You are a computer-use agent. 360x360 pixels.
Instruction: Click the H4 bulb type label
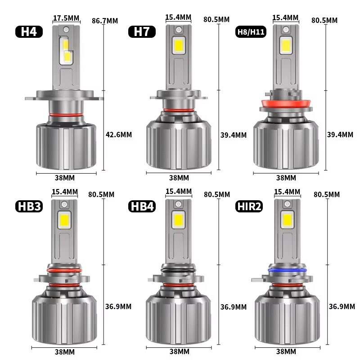(x=29, y=31)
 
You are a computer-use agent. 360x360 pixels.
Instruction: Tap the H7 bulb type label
(x=142, y=31)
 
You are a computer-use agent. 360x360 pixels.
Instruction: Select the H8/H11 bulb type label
(x=251, y=31)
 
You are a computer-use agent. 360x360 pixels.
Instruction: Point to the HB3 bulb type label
(x=29, y=206)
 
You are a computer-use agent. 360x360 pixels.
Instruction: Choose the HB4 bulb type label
(x=142, y=206)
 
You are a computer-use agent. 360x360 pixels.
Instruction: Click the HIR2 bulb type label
(x=249, y=206)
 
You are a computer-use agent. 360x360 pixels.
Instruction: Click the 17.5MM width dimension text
(x=66, y=18)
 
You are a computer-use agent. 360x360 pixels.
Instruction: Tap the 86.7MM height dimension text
(x=105, y=21)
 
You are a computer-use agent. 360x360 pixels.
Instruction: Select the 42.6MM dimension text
(x=119, y=135)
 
